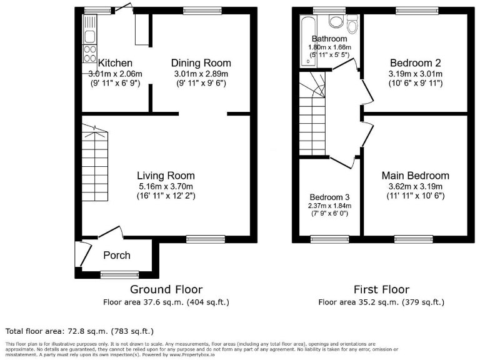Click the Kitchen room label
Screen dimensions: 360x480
[116, 63]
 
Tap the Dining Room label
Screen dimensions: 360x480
[201, 63]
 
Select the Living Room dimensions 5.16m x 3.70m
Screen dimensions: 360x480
[166, 186]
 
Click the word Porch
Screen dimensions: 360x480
[117, 255]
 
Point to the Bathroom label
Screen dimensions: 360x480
[329, 39]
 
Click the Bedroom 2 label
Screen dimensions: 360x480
[416, 63]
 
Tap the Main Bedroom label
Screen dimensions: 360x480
[415, 176]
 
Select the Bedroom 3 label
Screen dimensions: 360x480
[329, 196]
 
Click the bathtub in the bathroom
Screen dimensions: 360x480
[306, 41]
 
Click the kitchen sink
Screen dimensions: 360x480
[89, 36]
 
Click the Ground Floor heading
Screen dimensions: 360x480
[166, 289]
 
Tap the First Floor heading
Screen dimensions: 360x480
[381, 289]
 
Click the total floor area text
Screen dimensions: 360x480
[79, 331]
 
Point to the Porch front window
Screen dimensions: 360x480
[119, 273]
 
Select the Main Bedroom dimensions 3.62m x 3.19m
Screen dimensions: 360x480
[415, 186]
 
